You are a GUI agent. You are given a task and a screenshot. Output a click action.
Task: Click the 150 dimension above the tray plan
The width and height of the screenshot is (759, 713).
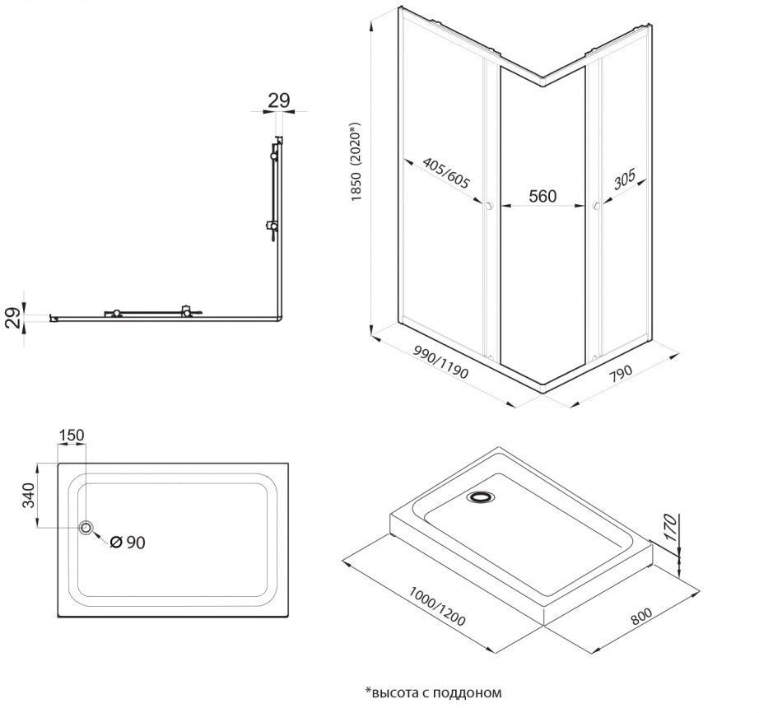(71, 435)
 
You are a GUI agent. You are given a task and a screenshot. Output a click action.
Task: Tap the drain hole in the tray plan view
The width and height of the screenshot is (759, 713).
(86, 528)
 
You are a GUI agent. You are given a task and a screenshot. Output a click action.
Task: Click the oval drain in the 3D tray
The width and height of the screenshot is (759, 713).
(479, 497)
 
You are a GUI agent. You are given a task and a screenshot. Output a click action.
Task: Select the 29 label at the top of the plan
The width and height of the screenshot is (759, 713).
(279, 100)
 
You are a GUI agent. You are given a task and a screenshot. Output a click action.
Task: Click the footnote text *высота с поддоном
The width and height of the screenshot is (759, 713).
(433, 692)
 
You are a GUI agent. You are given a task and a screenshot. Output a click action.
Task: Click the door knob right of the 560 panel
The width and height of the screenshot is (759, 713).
(594, 207)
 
